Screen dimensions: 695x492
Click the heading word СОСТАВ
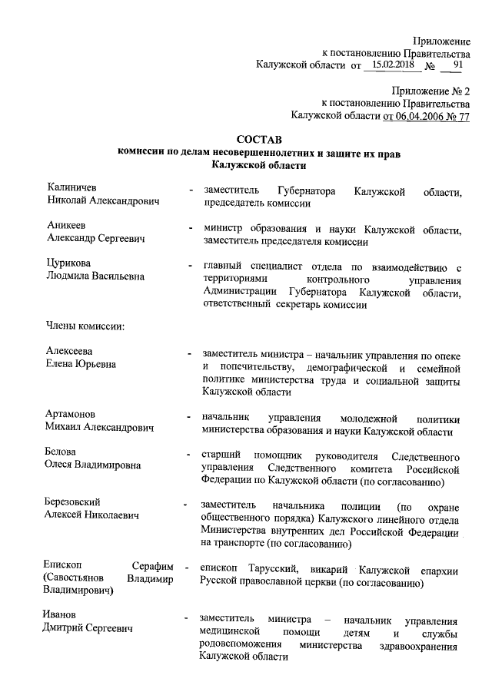(260, 140)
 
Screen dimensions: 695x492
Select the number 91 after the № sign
(458, 66)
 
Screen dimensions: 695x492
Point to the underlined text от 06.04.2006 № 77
(426, 116)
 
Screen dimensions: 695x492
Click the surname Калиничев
(71, 188)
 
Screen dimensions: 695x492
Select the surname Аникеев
(67, 226)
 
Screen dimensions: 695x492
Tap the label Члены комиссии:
(85, 326)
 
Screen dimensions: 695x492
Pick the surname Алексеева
(70, 351)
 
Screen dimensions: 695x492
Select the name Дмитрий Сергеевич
(87, 629)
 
